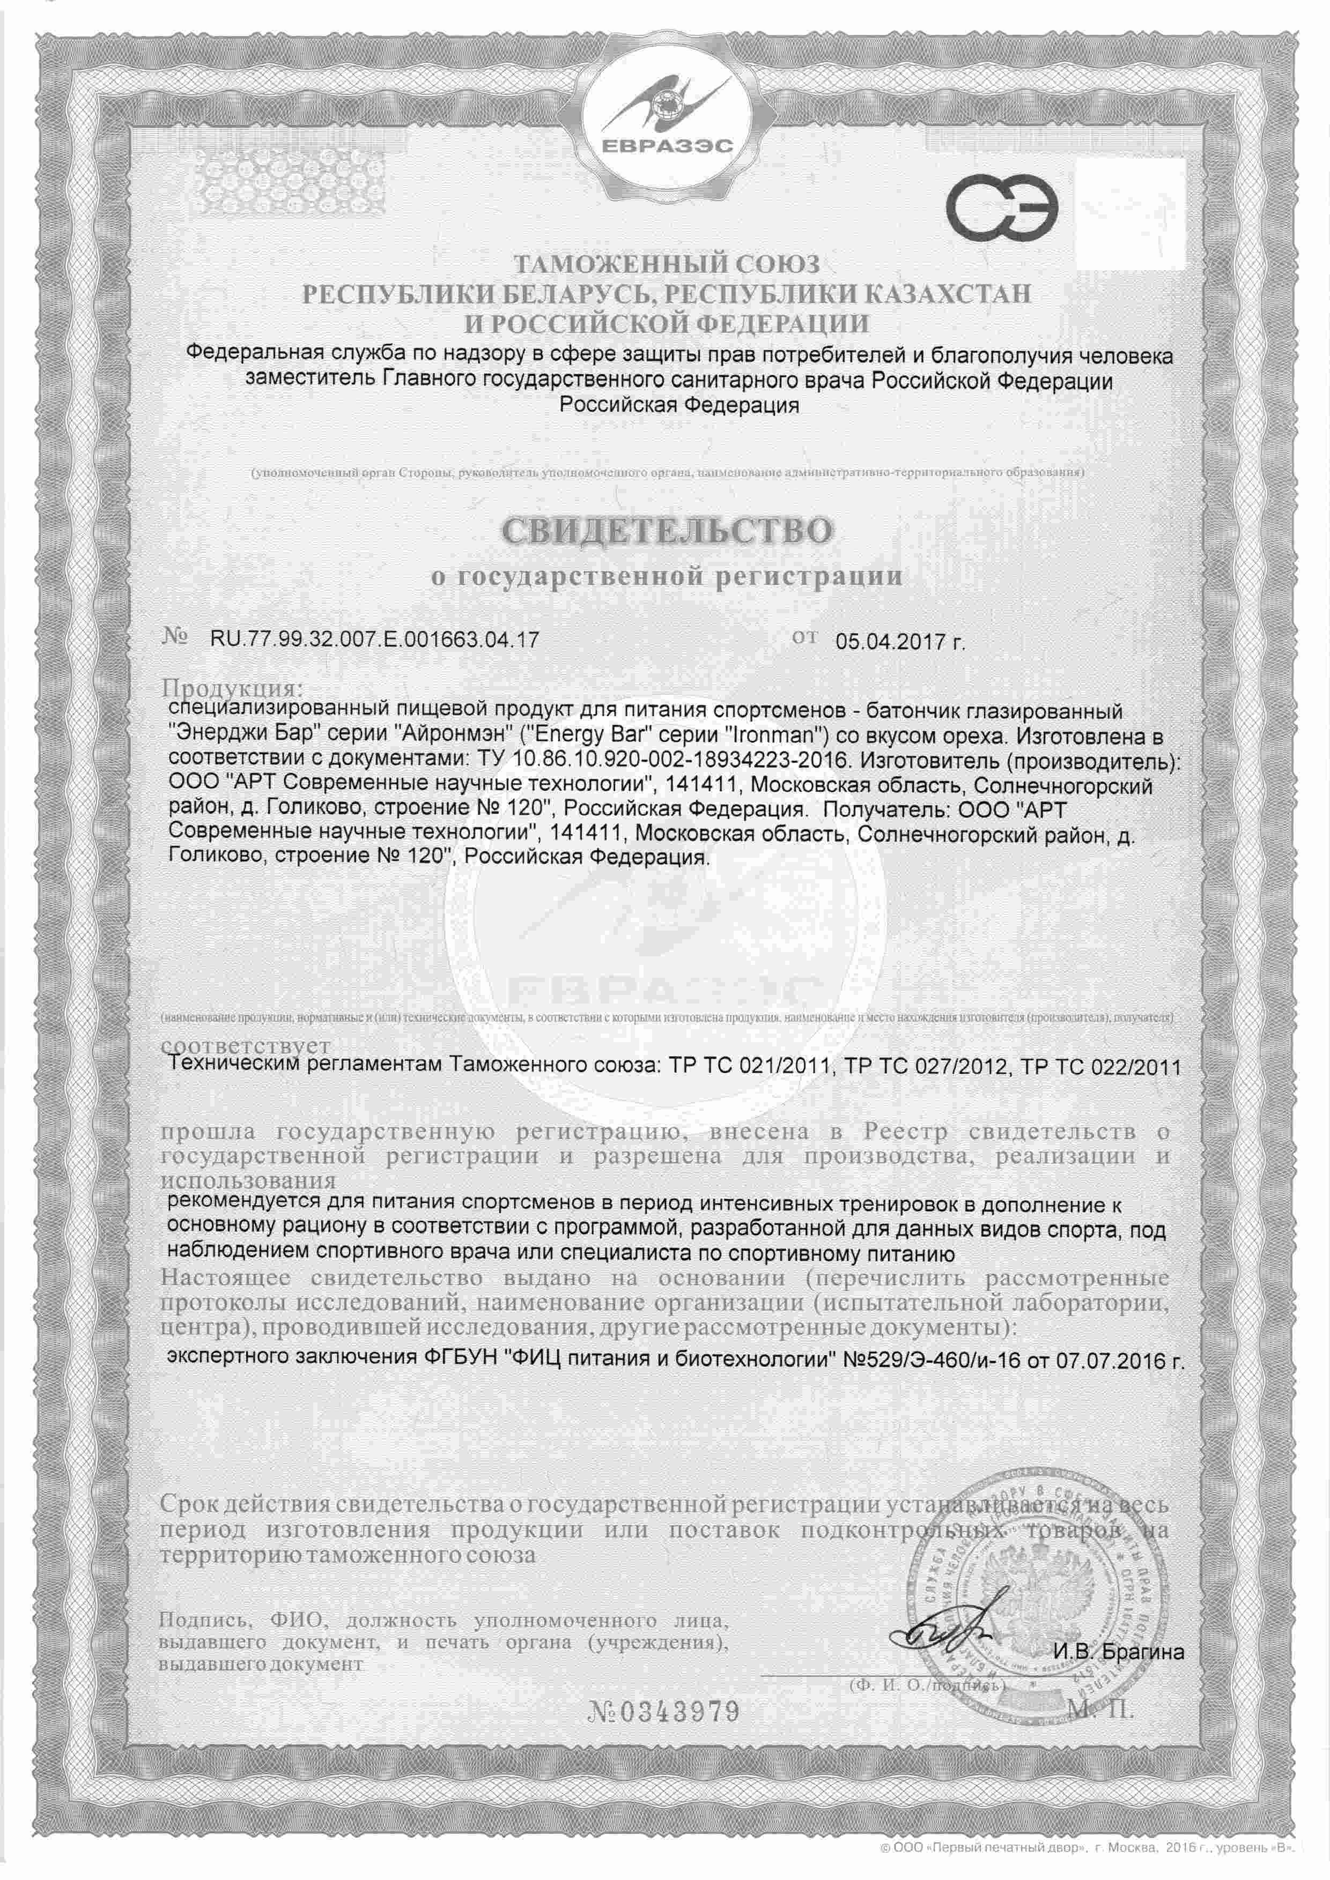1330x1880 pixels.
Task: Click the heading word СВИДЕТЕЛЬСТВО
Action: (x=666, y=531)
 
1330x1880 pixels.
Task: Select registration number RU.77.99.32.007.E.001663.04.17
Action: (x=374, y=640)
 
